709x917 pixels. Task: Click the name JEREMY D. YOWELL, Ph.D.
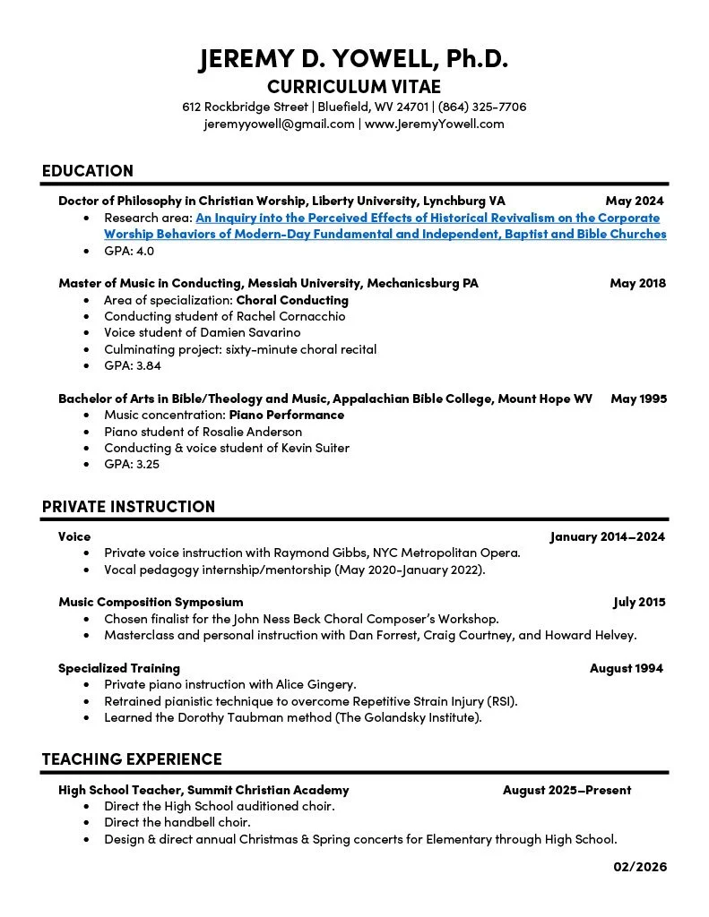click(x=354, y=59)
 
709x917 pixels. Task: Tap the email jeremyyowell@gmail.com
click(x=279, y=124)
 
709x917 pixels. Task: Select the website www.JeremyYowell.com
click(x=434, y=124)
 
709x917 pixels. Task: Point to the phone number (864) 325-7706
click(x=482, y=107)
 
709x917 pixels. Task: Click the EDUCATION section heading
click(x=87, y=171)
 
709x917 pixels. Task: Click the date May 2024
click(x=635, y=201)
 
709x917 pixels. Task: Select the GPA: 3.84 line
click(x=133, y=365)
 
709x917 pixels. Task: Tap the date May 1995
click(x=638, y=399)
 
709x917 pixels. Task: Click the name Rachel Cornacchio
click(x=290, y=316)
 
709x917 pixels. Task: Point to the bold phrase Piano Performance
click(x=287, y=415)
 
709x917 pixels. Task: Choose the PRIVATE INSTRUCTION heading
click(x=128, y=507)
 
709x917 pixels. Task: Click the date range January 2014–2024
click(x=607, y=536)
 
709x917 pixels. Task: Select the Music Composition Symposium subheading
click(x=151, y=602)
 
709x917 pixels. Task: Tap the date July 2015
click(x=639, y=602)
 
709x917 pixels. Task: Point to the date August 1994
click(x=627, y=668)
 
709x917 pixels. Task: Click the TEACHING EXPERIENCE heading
click(x=132, y=759)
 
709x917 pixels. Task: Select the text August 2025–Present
click(x=566, y=790)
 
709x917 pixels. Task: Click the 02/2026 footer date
click(x=640, y=866)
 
